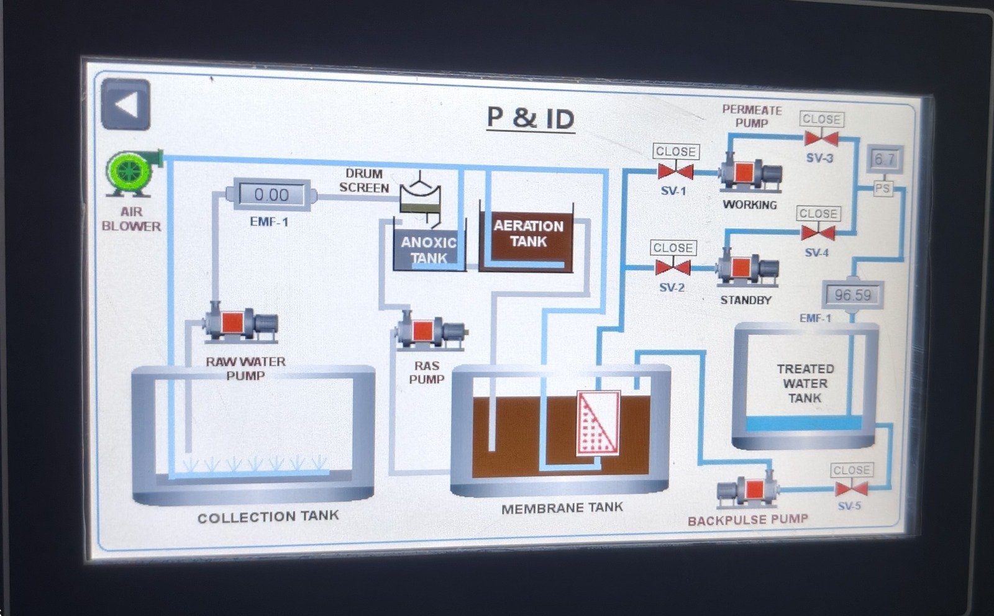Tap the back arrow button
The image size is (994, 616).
click(x=125, y=104)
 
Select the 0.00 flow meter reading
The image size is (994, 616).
click(x=271, y=195)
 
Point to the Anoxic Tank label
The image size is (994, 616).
click(x=429, y=250)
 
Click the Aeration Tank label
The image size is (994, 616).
click(x=528, y=233)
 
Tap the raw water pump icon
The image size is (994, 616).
click(x=241, y=324)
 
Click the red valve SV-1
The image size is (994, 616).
click(x=675, y=171)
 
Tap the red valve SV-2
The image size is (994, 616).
click(x=673, y=268)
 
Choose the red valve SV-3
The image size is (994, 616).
click(x=821, y=138)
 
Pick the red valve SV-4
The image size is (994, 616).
click(x=818, y=233)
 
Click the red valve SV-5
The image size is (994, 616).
click(x=851, y=489)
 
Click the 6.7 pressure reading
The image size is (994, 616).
click(x=884, y=160)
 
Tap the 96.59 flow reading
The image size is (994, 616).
click(x=852, y=295)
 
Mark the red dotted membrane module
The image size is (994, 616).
click(x=598, y=423)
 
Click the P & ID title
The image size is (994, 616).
click(x=531, y=118)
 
